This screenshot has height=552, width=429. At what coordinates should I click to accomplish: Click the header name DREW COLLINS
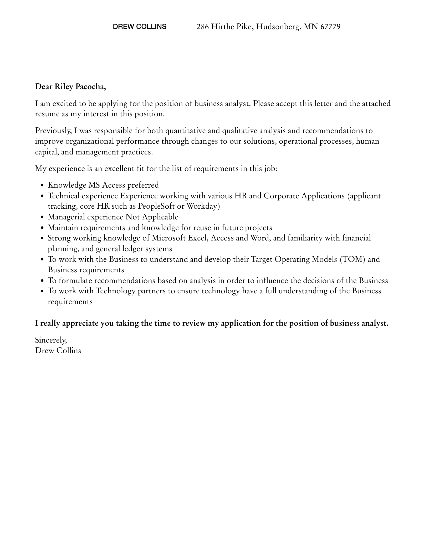click(139, 27)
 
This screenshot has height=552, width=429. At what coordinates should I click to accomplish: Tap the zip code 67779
click(330, 27)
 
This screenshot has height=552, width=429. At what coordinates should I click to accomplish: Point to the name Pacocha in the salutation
click(90, 87)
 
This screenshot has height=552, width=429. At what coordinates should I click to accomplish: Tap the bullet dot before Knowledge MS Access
click(42, 186)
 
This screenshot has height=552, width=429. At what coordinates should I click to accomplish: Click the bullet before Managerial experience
click(42, 217)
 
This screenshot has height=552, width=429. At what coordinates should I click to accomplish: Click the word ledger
click(133, 249)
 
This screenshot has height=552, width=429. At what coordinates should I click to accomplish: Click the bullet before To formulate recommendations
click(42, 281)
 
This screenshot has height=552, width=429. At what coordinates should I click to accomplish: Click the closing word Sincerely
click(51, 340)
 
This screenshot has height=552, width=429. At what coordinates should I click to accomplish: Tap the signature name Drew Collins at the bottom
click(58, 350)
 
